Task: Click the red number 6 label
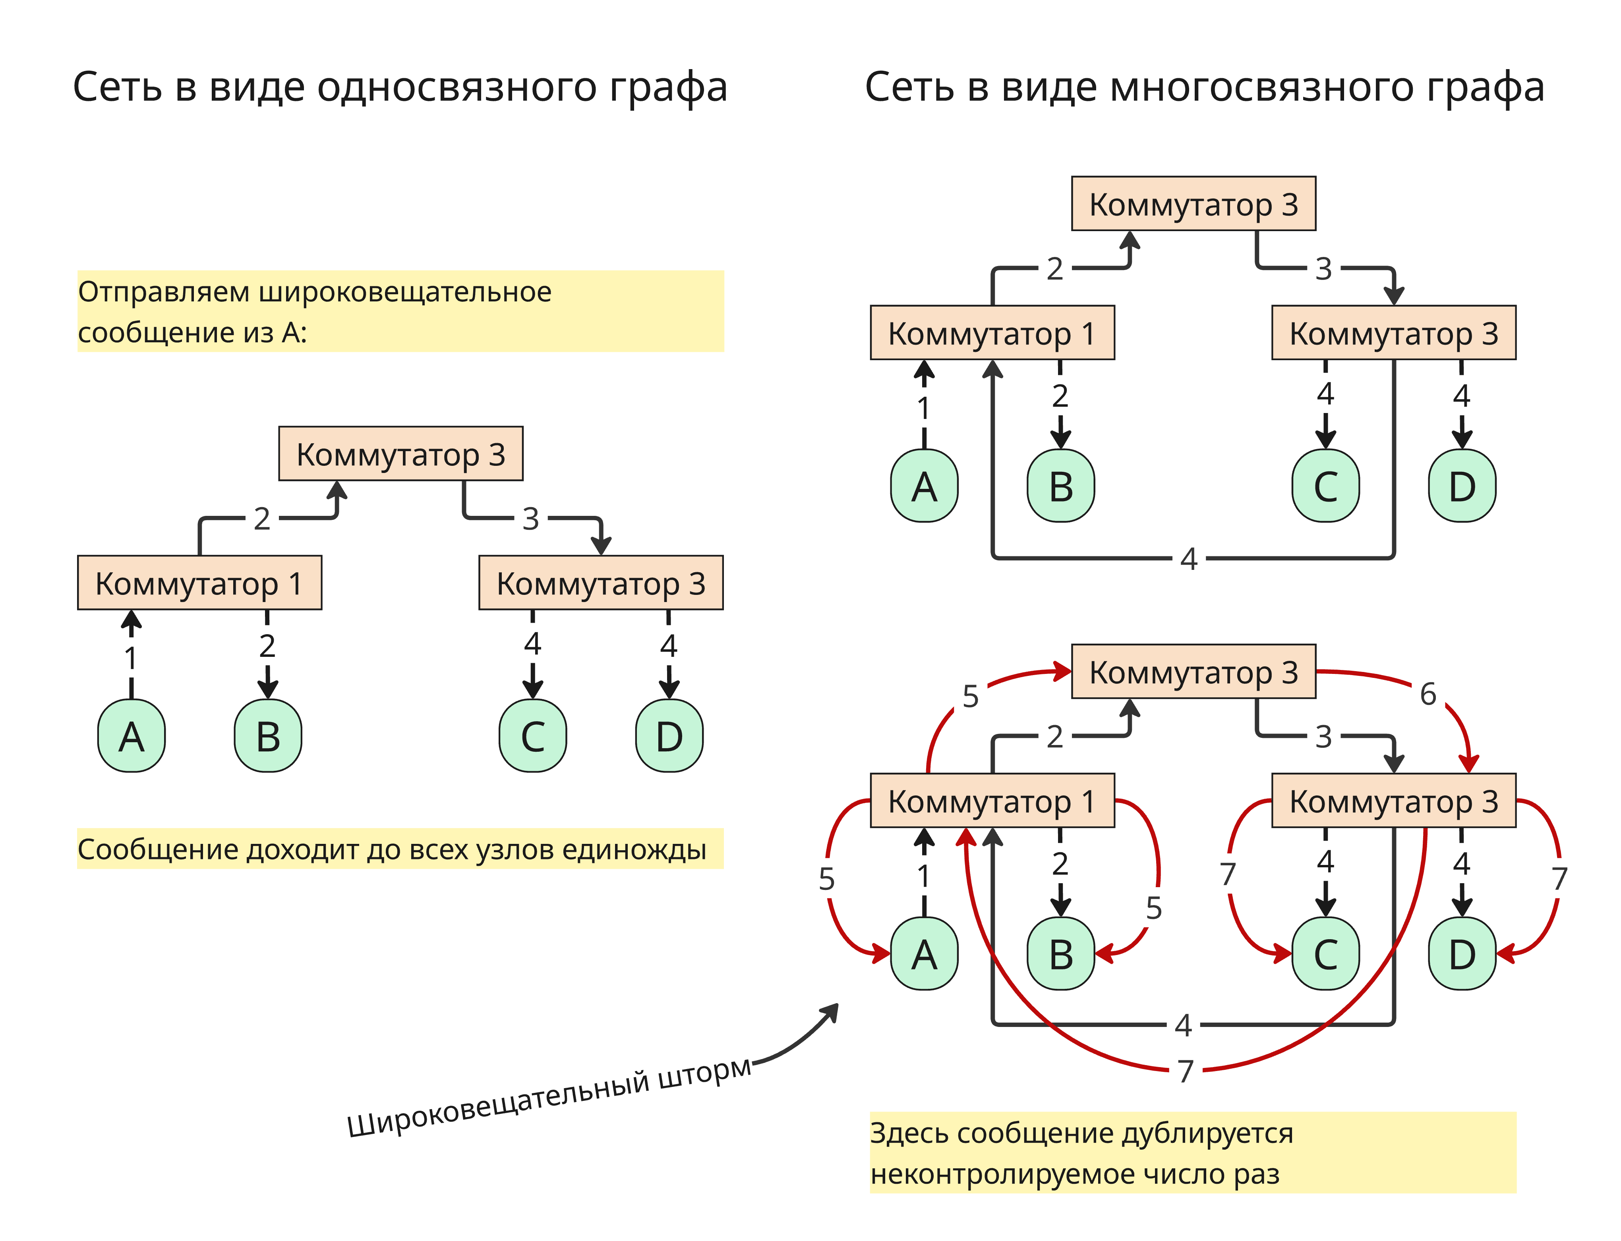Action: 1428,694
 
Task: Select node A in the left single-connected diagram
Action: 132,736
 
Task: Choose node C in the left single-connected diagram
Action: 533,736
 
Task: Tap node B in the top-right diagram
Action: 1060,486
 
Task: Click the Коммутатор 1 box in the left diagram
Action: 199,583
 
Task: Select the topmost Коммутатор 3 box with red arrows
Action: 1193,672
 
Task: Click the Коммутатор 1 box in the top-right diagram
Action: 992,333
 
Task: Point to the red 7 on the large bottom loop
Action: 1185,1070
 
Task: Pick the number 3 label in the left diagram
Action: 530,519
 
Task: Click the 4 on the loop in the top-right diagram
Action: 1188,558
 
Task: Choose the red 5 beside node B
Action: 1153,908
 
